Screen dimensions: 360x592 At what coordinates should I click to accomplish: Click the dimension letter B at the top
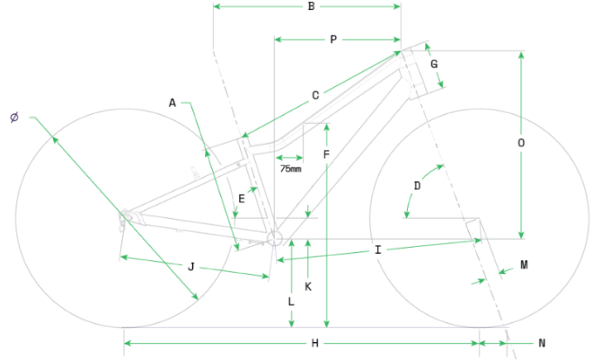click(x=311, y=7)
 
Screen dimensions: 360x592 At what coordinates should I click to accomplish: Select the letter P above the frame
click(x=333, y=40)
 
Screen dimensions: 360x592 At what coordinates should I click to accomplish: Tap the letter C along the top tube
click(x=315, y=95)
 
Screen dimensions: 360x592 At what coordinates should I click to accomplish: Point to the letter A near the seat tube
click(x=172, y=103)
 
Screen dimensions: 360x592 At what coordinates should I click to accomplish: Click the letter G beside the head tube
click(x=434, y=65)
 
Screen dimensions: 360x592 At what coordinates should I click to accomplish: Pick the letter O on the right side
click(x=521, y=143)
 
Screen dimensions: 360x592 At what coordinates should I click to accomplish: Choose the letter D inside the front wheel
click(x=417, y=186)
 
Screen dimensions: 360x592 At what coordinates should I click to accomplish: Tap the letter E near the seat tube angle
click(x=242, y=198)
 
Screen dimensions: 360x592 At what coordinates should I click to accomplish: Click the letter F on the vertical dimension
click(x=326, y=154)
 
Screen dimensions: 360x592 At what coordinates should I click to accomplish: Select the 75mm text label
click(x=290, y=168)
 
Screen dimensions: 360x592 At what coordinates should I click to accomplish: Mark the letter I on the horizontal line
click(x=378, y=250)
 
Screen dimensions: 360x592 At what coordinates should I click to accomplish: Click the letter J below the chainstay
click(x=191, y=266)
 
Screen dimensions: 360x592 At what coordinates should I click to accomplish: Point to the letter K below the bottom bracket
click(x=307, y=286)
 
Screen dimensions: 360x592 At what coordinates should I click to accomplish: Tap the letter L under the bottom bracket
click(x=291, y=303)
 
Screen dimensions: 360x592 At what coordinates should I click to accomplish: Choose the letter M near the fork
click(x=524, y=266)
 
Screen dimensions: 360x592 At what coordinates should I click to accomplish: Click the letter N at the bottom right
click(x=542, y=343)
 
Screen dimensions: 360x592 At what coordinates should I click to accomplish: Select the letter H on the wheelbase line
click(x=314, y=343)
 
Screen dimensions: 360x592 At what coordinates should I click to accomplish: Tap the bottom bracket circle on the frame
click(x=275, y=238)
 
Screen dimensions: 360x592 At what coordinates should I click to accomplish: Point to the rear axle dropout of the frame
click(x=126, y=215)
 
